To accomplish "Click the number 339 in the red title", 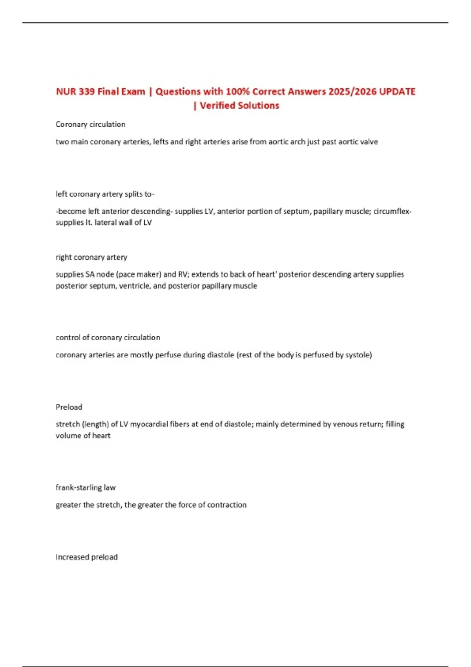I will (x=86, y=91).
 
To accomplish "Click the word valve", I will (x=369, y=142).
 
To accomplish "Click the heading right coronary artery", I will (x=91, y=257).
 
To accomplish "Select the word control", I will (x=68, y=337).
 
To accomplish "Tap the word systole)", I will (x=359, y=355).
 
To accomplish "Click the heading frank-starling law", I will (x=86, y=487).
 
